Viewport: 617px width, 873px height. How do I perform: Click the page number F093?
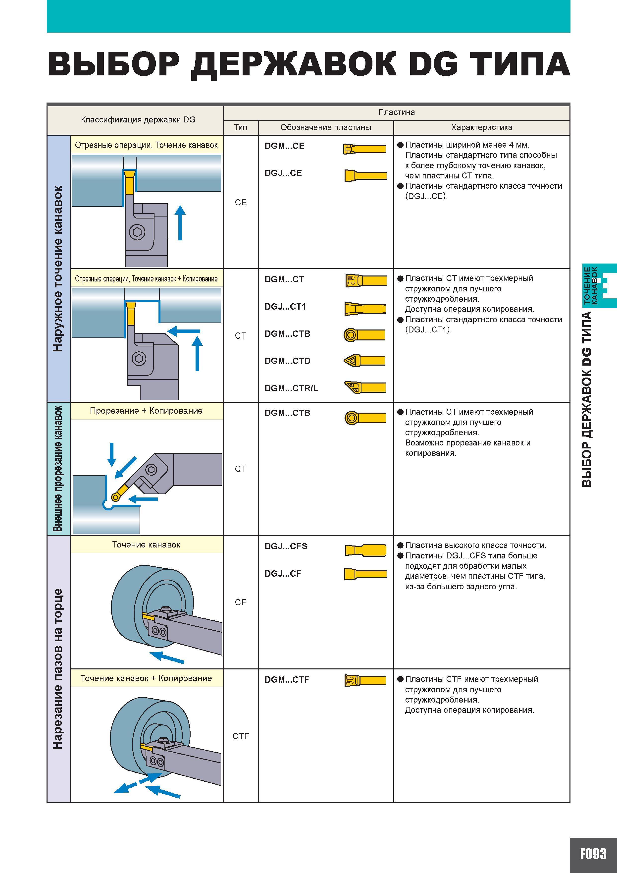click(593, 854)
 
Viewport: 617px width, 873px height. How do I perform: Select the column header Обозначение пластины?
click(326, 127)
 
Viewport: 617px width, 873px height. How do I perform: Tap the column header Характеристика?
click(482, 127)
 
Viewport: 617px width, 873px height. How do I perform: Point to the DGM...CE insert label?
click(284, 146)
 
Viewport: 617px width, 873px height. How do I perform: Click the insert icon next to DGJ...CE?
click(365, 175)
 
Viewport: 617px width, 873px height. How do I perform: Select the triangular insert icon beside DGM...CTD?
click(364, 360)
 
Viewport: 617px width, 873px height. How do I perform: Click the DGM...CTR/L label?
click(291, 388)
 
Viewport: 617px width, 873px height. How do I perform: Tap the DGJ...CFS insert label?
click(286, 546)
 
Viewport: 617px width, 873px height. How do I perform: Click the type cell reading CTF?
click(241, 736)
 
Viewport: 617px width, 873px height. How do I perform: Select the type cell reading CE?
click(241, 202)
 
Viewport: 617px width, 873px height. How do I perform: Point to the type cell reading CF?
click(241, 602)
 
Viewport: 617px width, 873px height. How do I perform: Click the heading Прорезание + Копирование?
click(146, 411)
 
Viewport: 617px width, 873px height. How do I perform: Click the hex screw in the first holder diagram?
click(137, 232)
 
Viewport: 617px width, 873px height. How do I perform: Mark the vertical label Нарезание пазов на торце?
click(58, 669)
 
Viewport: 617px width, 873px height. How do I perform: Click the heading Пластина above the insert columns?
click(397, 112)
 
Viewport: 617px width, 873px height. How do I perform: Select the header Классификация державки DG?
click(138, 120)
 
